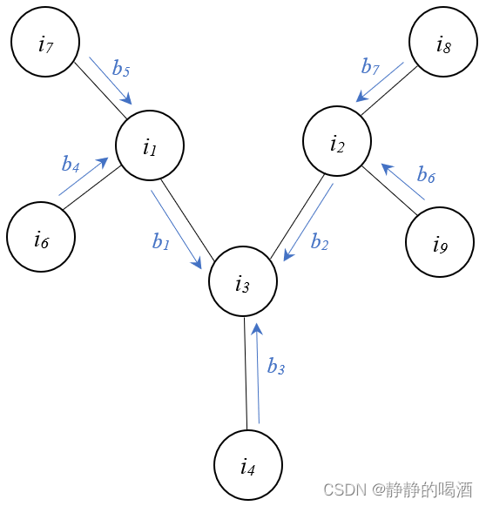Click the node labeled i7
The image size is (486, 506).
[45, 44]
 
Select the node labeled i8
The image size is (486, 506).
[443, 44]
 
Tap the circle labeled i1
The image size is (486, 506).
[150, 146]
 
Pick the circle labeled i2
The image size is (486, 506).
[337, 143]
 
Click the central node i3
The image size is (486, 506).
[243, 282]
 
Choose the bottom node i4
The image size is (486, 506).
[248, 466]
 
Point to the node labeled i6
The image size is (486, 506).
[40, 238]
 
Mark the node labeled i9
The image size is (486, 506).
[440, 242]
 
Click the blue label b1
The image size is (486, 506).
[161, 243]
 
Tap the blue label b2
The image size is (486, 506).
[320, 242]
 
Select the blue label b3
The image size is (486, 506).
[276, 368]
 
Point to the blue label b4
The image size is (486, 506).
[71, 163]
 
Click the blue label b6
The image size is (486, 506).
[426, 176]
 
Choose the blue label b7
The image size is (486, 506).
[370, 66]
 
